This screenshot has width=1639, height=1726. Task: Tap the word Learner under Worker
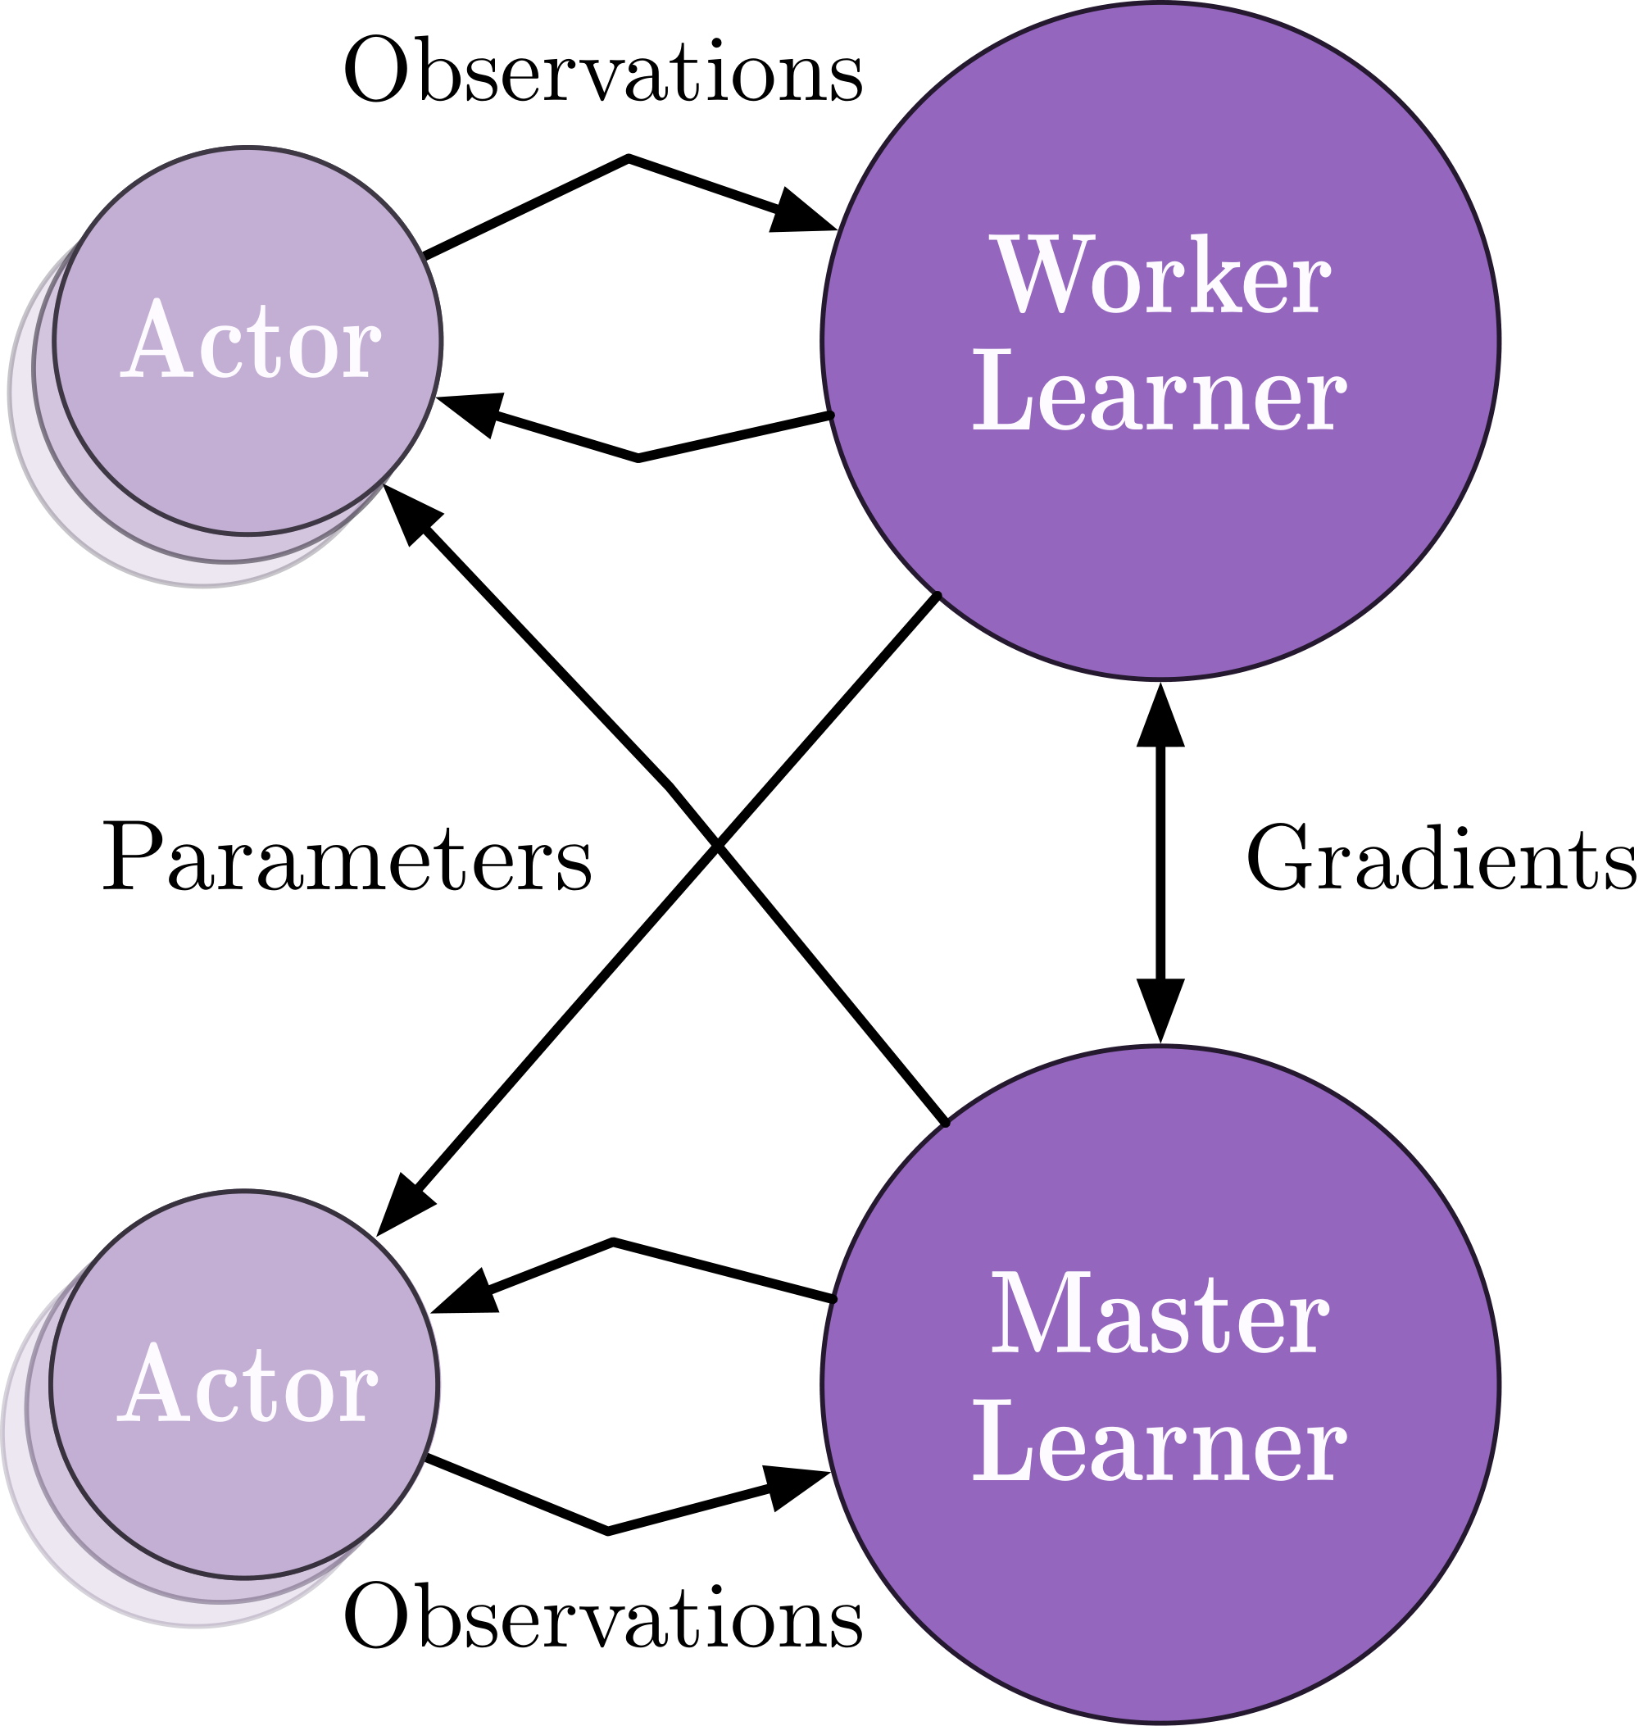pyautogui.click(x=1160, y=392)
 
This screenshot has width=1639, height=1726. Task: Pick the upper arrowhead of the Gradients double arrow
pyautogui.click(x=1160, y=719)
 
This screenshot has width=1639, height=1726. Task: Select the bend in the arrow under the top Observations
pyautogui.click(x=629, y=158)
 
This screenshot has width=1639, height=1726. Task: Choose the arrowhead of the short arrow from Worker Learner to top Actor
pyautogui.click(x=470, y=411)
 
